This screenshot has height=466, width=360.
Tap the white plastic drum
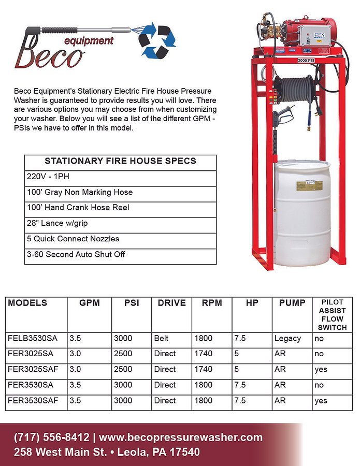pyautogui.click(x=301, y=212)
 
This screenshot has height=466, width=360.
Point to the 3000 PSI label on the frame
pyautogui.click(x=306, y=61)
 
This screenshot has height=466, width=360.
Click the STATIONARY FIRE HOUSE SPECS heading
pyautogui.click(x=120, y=161)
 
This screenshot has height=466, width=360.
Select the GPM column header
pyautogui.click(x=89, y=303)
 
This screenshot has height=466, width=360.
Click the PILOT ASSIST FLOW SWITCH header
pyautogui.click(x=332, y=315)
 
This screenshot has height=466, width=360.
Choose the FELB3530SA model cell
pyautogui.click(x=33, y=339)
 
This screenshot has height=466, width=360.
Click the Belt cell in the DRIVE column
pyautogui.click(x=161, y=339)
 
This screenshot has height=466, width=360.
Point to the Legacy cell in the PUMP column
pyautogui.click(x=287, y=339)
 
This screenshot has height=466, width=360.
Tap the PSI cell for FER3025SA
pyautogui.click(x=123, y=354)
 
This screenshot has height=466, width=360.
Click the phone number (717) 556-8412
pyautogui.click(x=52, y=438)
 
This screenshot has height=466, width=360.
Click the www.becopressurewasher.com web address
pyautogui.click(x=181, y=438)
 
